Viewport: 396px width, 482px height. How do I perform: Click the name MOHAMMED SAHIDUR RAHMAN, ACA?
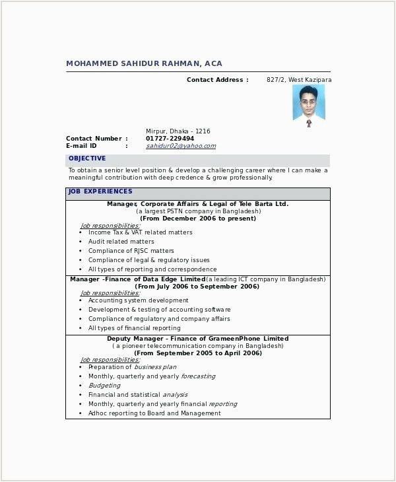[144, 63]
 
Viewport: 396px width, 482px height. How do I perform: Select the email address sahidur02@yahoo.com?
[181, 146]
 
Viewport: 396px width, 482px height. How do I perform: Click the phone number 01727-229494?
[170, 139]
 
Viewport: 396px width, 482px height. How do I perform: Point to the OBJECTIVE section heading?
[87, 158]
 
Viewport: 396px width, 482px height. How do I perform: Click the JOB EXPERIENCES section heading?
[100, 191]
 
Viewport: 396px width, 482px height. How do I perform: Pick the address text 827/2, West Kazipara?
[299, 80]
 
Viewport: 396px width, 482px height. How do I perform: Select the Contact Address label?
[217, 80]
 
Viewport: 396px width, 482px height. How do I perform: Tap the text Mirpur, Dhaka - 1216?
[178, 131]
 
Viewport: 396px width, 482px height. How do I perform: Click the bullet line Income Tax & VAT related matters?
[140, 232]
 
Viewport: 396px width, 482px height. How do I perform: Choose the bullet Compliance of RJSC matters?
[131, 251]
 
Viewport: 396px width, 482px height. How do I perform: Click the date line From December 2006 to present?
[198, 218]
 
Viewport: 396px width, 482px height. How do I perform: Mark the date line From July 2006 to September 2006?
[197, 287]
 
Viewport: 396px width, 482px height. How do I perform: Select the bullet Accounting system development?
[138, 300]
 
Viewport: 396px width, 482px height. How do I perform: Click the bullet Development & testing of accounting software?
[159, 310]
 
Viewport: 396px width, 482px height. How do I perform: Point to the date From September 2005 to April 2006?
[197, 353]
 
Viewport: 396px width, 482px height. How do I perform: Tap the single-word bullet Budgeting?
[104, 386]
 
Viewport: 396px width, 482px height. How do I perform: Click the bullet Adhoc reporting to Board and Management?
[154, 413]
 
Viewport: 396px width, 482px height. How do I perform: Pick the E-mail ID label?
[81, 146]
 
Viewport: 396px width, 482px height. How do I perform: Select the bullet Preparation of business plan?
[132, 367]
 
